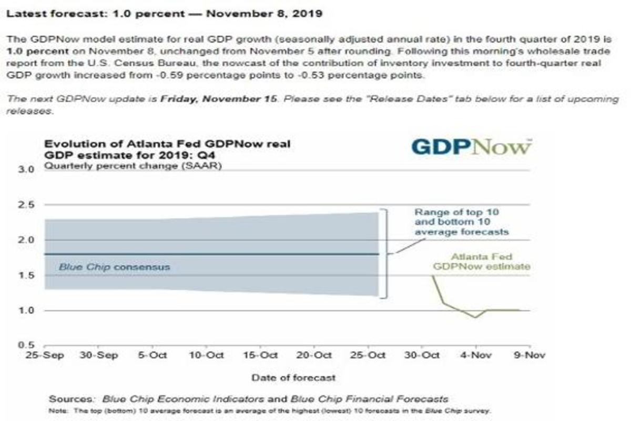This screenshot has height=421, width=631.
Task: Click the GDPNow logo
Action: pyautogui.click(x=471, y=146)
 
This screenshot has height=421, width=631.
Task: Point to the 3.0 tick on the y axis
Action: pyautogui.click(x=26, y=170)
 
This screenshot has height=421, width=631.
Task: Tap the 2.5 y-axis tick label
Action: pyautogui.click(x=26, y=205)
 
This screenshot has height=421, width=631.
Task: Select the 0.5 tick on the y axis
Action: pyautogui.click(x=26, y=345)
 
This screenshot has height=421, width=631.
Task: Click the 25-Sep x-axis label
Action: pyautogui.click(x=45, y=355)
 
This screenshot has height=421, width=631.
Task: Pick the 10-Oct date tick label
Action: pyautogui.click(x=207, y=355)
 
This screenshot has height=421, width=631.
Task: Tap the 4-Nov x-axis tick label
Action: pyautogui.click(x=475, y=355)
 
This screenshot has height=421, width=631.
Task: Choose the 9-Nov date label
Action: pyautogui.click(x=530, y=355)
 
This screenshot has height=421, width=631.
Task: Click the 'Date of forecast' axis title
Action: pyautogui.click(x=293, y=377)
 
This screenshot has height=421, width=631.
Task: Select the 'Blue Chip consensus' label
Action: pyautogui.click(x=114, y=267)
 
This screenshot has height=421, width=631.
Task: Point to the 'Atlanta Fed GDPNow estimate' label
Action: pyautogui.click(x=481, y=262)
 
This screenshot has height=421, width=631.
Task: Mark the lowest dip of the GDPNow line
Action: pyautogui.click(x=475, y=317)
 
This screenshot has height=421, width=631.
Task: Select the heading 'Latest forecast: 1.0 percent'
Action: pyautogui.click(x=164, y=14)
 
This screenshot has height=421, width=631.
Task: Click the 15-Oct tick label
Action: pyautogui.click(x=261, y=355)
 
